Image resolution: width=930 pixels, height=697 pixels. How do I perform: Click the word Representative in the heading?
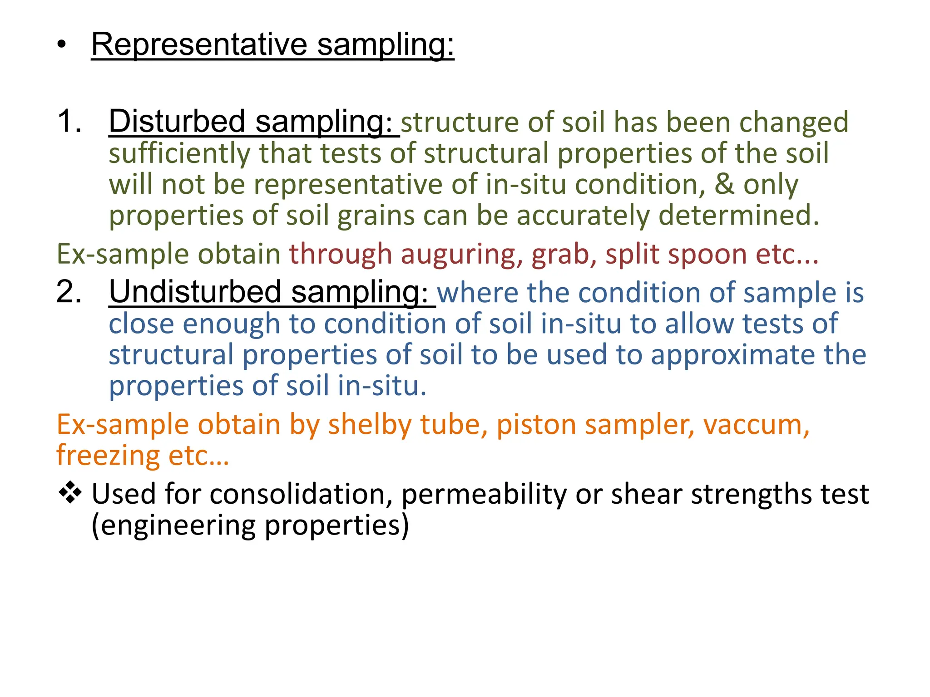click(x=199, y=44)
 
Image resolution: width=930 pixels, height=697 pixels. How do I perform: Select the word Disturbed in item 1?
click(x=177, y=122)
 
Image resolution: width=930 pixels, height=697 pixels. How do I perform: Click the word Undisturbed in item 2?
click(x=195, y=292)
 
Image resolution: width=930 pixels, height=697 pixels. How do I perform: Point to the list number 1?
click(x=69, y=122)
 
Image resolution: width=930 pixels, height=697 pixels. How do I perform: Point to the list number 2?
click(x=69, y=292)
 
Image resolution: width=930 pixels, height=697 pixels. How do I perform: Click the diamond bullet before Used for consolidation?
click(x=70, y=493)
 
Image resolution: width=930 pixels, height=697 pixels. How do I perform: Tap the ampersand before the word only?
click(x=724, y=184)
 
